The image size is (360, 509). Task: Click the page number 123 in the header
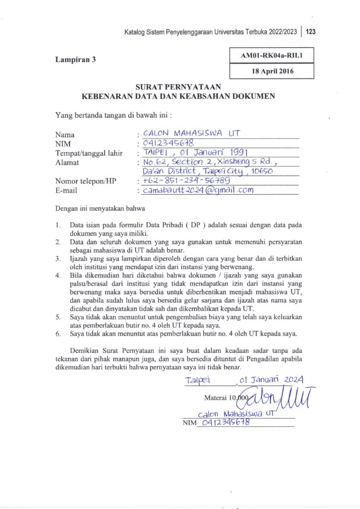click(x=311, y=32)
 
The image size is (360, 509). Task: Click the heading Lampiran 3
click(x=75, y=60)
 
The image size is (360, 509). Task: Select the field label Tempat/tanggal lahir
click(x=89, y=153)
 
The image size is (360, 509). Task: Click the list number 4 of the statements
click(x=58, y=275)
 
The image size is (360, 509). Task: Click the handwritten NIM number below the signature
click(x=222, y=423)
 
